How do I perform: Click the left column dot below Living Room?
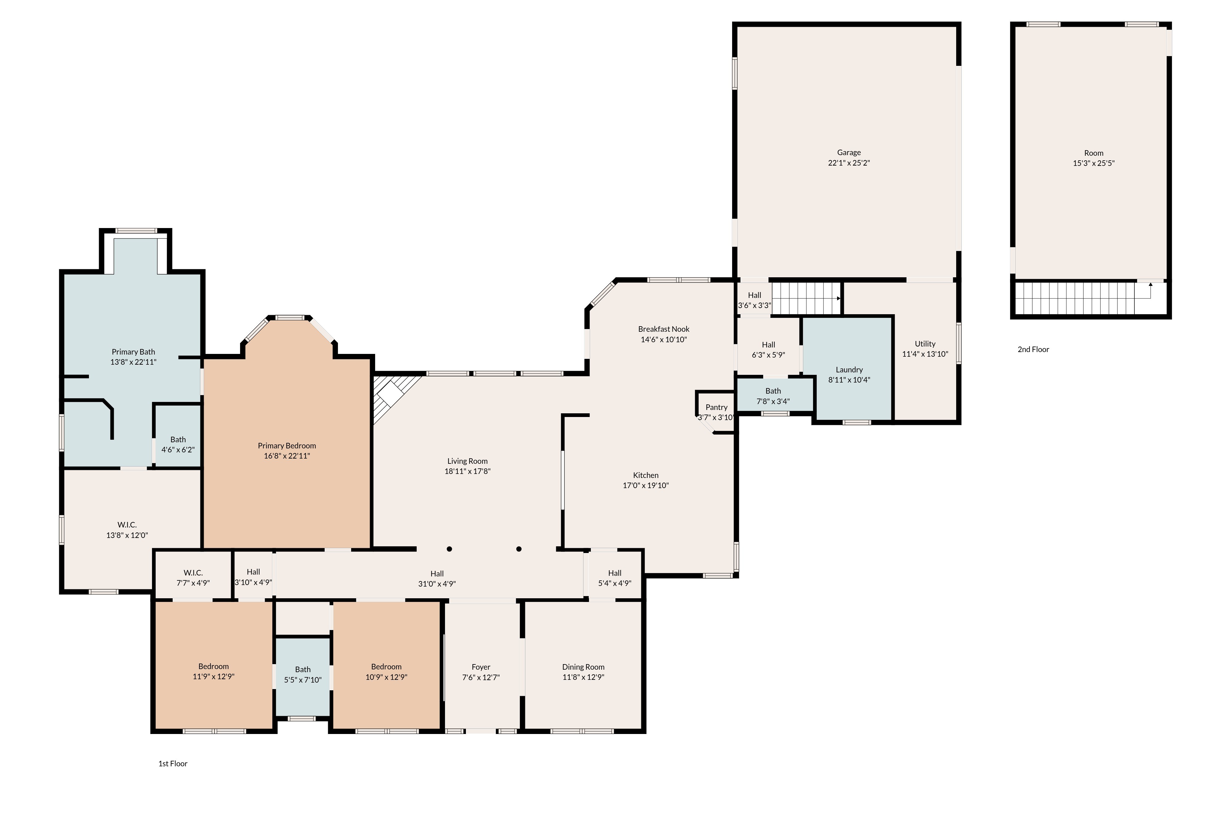(449, 549)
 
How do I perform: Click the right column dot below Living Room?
(519, 549)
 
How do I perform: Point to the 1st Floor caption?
(173, 764)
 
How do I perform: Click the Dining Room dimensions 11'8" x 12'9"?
(583, 677)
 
